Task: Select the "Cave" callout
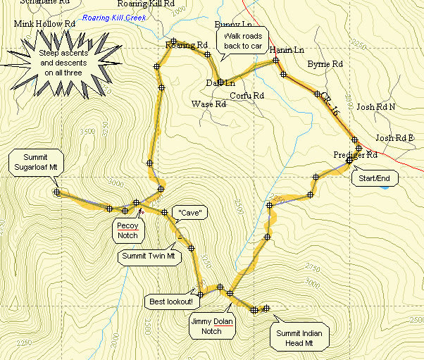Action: pyautogui.click(x=190, y=212)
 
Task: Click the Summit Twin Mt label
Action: pyautogui.click(x=149, y=256)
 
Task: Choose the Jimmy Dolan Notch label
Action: pyautogui.click(x=211, y=326)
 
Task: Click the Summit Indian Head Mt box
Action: pyautogui.click(x=300, y=337)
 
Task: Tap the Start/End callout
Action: pyautogui.click(x=374, y=178)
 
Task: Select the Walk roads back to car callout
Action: pyautogui.click(x=242, y=42)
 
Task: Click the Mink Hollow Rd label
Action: pyautogui.click(x=44, y=24)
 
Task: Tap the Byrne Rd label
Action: pyautogui.click(x=325, y=64)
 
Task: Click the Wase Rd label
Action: pyautogui.click(x=208, y=104)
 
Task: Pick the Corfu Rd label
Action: pyautogui.click(x=247, y=95)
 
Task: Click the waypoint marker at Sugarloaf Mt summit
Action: pyautogui.click(x=56, y=192)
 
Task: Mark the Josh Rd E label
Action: pyautogui.click(x=394, y=138)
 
